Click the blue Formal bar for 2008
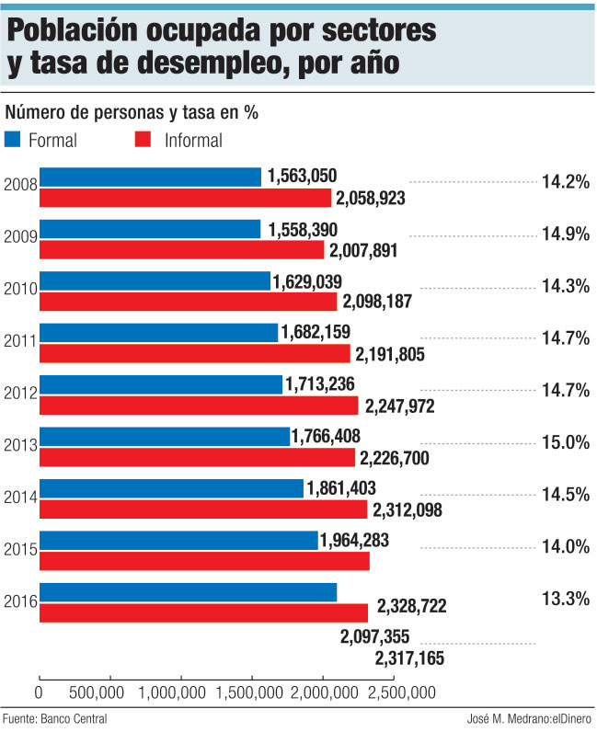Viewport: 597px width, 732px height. [x=150, y=177]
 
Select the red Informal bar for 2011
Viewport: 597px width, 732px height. [x=194, y=353]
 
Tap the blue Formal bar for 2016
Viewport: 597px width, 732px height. [x=188, y=592]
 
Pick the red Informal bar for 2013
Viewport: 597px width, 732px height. [x=197, y=457]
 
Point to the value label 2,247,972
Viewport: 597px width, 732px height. [x=400, y=406]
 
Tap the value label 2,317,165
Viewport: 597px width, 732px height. [x=409, y=658]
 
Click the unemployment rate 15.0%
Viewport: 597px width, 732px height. [x=564, y=442]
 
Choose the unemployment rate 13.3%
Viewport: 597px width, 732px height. [x=564, y=599]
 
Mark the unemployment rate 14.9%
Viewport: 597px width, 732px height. [x=564, y=234]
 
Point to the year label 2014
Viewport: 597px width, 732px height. [x=19, y=498]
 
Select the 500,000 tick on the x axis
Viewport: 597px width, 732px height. [x=97, y=692]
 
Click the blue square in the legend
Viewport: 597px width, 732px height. [x=13, y=140]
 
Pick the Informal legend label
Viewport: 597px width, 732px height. [x=193, y=141]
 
